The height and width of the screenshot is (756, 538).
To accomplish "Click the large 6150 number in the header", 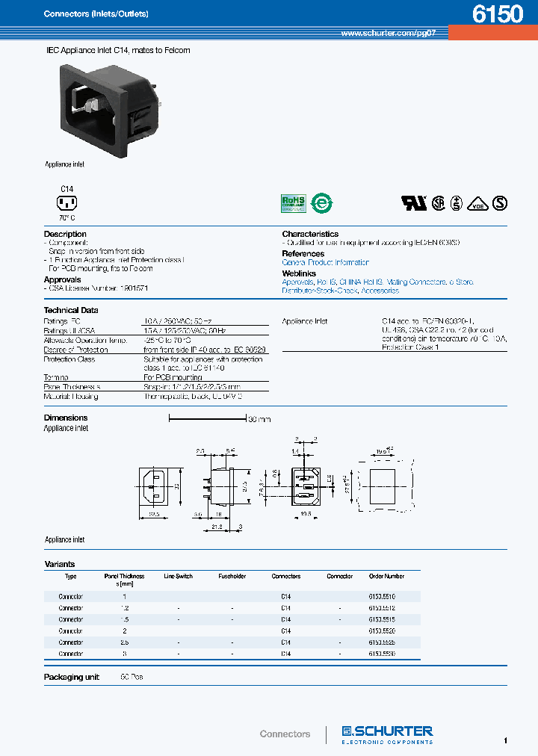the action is [498, 15].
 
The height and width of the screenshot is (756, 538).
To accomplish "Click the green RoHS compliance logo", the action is [293, 202].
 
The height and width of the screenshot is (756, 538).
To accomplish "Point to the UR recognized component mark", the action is [414, 202].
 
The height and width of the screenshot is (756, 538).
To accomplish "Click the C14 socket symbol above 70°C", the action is [67, 203].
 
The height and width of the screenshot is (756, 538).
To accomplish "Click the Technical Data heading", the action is [71, 310].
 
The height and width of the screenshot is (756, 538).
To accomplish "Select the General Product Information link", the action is [325, 263].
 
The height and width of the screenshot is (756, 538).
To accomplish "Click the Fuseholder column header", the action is [232, 577].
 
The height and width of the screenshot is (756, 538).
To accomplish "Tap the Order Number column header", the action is [386, 577].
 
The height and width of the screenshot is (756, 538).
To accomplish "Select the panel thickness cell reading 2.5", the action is [124, 642].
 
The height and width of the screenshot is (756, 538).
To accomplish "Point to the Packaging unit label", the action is [72, 677].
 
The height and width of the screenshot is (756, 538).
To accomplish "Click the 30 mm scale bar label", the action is [259, 420].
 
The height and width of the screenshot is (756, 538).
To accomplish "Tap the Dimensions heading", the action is [66, 418].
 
